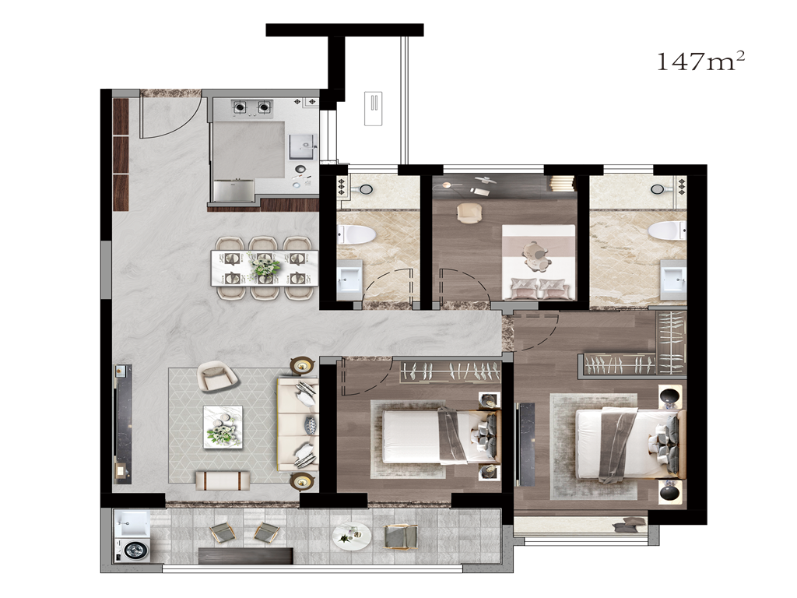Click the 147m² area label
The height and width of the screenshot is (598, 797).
point(701,62)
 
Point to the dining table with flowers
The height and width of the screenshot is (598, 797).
point(265,268)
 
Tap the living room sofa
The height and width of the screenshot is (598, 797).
point(297,424)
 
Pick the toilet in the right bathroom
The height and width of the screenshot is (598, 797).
point(667,230)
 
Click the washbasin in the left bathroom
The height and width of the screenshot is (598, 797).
point(349,278)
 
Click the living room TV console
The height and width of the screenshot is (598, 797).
point(123,423)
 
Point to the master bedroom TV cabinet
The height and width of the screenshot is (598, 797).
point(525,443)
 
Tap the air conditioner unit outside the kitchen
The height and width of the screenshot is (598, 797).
point(374,109)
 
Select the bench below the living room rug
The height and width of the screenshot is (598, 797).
point(223,479)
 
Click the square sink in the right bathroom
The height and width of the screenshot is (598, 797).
point(673,277)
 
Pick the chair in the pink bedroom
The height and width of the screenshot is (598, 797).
point(469,213)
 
